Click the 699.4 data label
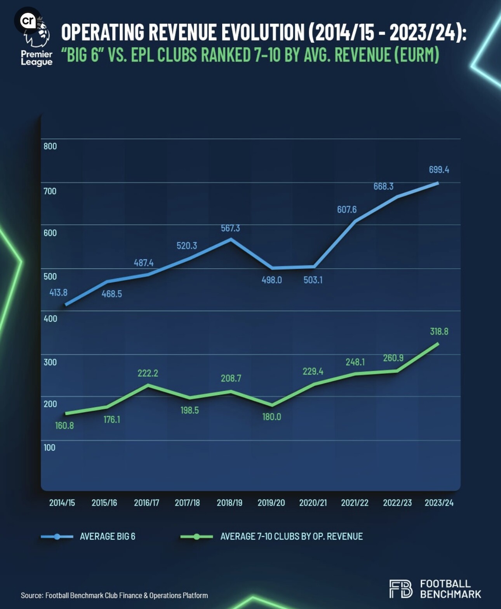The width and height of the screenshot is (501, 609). click(x=439, y=170)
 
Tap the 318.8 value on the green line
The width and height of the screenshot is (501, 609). click(x=439, y=331)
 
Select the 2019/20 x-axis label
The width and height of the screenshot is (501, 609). click(x=271, y=503)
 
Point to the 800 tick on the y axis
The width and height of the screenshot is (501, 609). click(x=50, y=146)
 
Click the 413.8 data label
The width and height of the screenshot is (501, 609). click(x=58, y=293)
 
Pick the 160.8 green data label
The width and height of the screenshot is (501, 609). click(x=64, y=426)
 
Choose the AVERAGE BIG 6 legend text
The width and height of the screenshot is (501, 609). click(x=108, y=536)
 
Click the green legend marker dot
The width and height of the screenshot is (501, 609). click(x=197, y=537)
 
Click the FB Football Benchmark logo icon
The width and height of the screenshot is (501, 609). click(x=401, y=589)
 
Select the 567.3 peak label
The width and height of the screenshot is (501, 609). click(x=230, y=228)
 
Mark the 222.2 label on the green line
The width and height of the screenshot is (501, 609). click(x=148, y=373)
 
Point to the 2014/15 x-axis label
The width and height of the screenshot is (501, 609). click(x=62, y=503)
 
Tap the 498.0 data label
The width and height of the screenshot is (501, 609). click(x=271, y=280)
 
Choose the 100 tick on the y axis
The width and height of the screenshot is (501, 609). click(x=49, y=448)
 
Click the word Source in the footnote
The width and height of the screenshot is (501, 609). click(x=31, y=595)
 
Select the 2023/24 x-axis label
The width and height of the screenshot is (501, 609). click(x=439, y=503)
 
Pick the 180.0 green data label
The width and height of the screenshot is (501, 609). click(x=271, y=417)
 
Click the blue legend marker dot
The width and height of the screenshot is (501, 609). click(x=57, y=537)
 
